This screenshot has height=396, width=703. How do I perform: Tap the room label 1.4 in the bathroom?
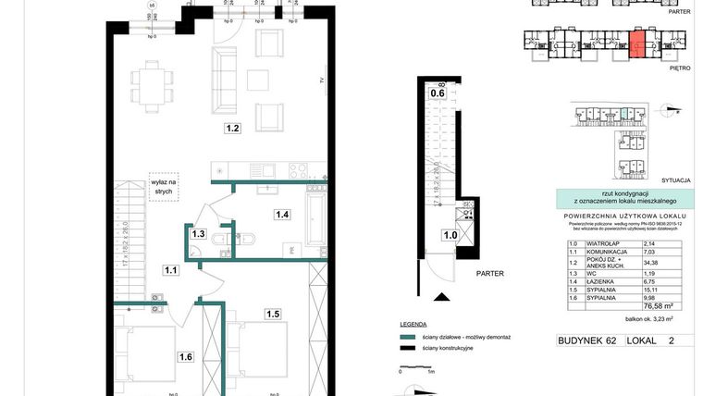coord(282,215)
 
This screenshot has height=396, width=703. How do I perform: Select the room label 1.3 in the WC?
coord(198,234)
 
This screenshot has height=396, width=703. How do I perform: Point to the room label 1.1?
coord(170,270)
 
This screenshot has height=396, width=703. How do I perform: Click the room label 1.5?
coord(273,314)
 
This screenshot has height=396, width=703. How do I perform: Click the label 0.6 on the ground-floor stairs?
coord(437,91)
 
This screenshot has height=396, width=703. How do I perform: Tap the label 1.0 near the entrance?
coord(449,236)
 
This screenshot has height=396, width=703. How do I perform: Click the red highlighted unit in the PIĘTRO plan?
coord(637,44)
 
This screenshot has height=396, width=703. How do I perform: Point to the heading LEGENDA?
coord(413,325)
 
